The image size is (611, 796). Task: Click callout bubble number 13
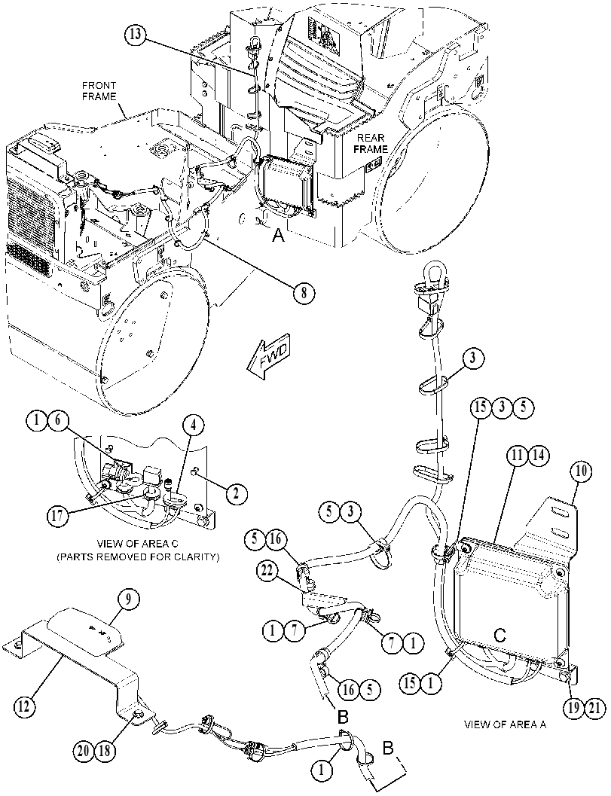click(136, 35)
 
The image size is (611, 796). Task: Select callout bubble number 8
click(304, 292)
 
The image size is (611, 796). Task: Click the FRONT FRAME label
click(99, 91)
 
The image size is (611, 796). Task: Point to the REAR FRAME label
click(371, 143)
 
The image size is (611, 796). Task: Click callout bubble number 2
click(237, 493)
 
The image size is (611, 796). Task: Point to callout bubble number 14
click(539, 456)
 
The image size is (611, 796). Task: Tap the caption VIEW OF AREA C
click(138, 544)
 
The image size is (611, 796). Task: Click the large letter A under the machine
click(278, 235)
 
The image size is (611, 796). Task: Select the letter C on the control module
click(499, 634)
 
